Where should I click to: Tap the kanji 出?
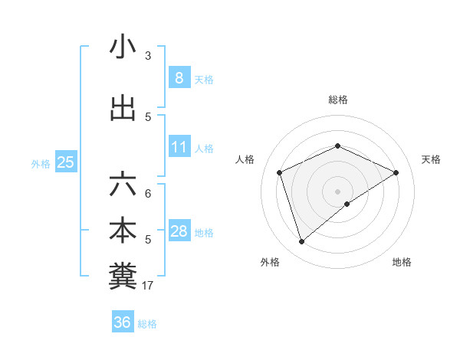pyautogui.click(x=123, y=110)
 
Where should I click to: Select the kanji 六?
pyautogui.click(x=123, y=184)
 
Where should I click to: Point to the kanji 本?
pyautogui.click(x=123, y=231)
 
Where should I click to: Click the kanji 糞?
pyautogui.click(x=123, y=277)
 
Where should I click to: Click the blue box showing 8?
pyautogui.click(x=179, y=77)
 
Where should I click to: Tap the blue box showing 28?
pyautogui.click(x=179, y=231)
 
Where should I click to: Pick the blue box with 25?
pyautogui.click(x=66, y=162)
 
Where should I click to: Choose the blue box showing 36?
pyautogui.click(x=123, y=322)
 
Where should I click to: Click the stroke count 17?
pyautogui.click(x=148, y=286)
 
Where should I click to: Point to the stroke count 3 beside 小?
pyautogui.click(x=148, y=56)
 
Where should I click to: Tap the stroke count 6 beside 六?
pyautogui.click(x=148, y=194)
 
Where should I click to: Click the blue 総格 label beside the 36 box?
pyautogui.click(x=147, y=324)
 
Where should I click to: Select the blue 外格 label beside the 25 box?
pyautogui.click(x=41, y=163)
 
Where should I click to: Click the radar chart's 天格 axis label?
pyautogui.click(x=431, y=159)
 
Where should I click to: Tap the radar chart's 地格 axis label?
pyautogui.click(x=402, y=262)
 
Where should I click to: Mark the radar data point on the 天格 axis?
pyautogui.click(x=396, y=172)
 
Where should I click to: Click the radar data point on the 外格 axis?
pyautogui.click(x=301, y=242)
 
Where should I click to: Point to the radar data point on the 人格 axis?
pyautogui.click(x=280, y=172)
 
